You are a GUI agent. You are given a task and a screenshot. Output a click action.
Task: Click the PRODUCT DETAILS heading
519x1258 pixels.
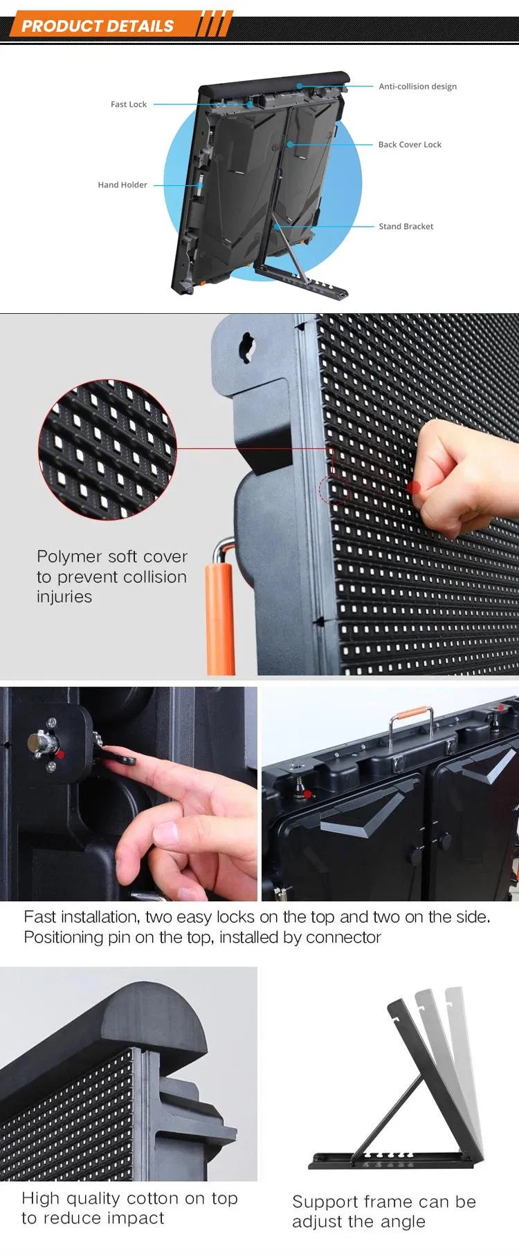click(98, 26)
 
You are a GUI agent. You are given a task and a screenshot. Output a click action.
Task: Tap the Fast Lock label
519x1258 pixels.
click(129, 104)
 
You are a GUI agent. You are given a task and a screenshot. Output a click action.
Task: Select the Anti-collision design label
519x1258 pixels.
click(417, 86)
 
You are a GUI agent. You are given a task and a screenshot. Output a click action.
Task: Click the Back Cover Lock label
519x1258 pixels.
click(410, 144)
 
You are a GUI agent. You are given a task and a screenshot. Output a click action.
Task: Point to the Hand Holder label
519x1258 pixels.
click(122, 185)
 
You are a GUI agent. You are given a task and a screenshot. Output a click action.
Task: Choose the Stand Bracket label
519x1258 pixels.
click(406, 226)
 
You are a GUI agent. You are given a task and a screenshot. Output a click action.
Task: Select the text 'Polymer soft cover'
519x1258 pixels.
click(112, 556)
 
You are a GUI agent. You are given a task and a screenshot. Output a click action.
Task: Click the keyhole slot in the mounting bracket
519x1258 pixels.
click(246, 346)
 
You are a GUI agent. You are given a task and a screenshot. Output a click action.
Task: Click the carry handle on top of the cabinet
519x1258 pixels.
click(411, 719)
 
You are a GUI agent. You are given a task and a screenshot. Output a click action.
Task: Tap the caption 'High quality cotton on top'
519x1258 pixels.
click(129, 1198)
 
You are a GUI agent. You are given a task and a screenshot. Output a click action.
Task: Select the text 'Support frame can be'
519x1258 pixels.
click(383, 1201)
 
